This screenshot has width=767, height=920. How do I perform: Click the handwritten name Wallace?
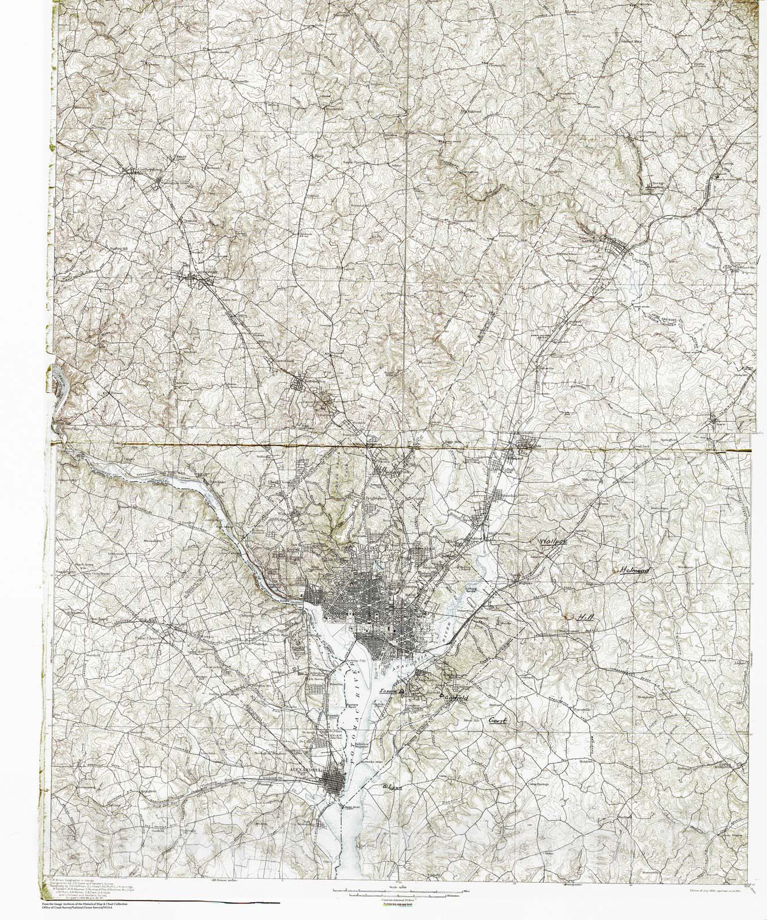click(x=553, y=542)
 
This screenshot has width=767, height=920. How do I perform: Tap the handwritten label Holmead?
click(x=634, y=570)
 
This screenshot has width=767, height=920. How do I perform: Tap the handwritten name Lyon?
click(x=392, y=783)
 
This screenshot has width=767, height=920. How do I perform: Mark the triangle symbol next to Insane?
click(x=402, y=690)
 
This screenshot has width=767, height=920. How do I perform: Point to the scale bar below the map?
click(x=397, y=892)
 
